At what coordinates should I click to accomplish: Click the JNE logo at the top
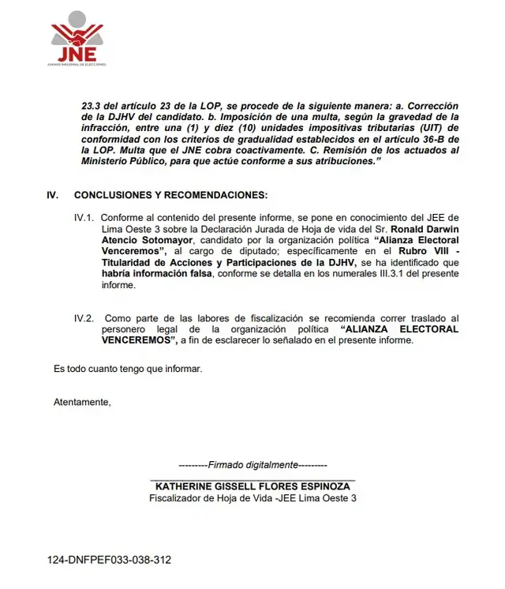click(77, 39)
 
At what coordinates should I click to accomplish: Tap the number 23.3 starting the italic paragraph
click(91, 105)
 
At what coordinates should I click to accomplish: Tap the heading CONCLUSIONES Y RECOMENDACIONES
click(170, 195)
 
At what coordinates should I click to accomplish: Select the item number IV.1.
click(84, 217)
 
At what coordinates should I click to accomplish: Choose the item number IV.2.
click(84, 318)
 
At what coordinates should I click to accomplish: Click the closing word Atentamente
click(82, 402)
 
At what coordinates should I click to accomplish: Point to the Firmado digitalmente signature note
click(252, 465)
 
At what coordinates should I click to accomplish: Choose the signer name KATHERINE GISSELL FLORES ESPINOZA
click(252, 486)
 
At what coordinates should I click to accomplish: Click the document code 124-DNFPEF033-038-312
click(109, 560)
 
